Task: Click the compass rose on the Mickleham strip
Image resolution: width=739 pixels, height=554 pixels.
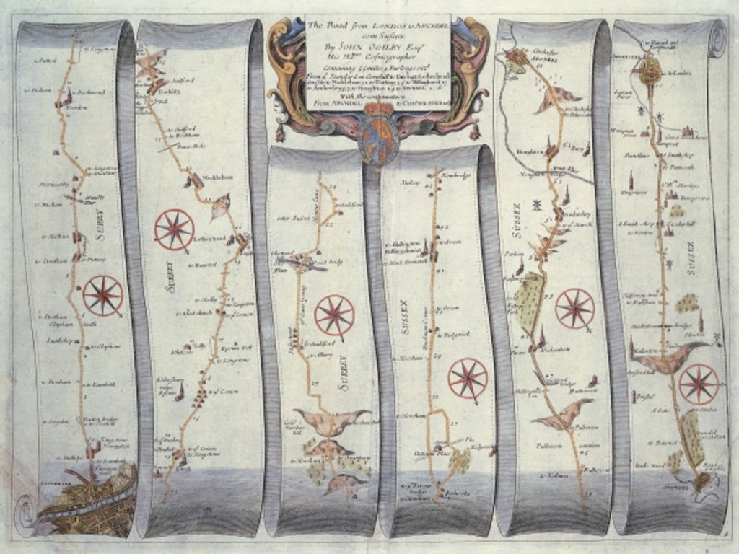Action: coord(174,229)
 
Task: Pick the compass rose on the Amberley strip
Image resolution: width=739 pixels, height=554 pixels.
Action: coord(574,308)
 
